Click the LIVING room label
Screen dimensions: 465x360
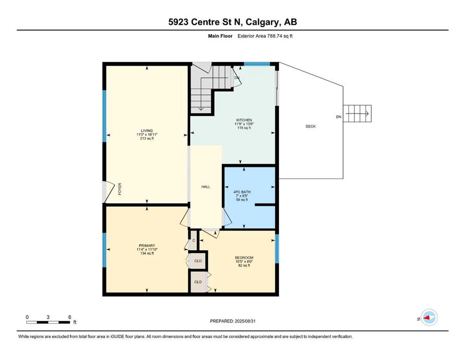[147, 131]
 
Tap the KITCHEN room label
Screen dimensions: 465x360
[244, 120]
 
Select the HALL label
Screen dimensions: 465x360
[206, 187]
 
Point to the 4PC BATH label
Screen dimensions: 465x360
[242, 192]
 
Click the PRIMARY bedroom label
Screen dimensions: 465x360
[147, 246]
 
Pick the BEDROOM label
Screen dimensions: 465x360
[244, 258]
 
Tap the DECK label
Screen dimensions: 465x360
[310, 127]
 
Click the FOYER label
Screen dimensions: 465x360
[120, 189]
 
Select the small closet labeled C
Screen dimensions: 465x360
[193, 240]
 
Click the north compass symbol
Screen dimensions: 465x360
[429, 317]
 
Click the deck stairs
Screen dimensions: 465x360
[357, 113]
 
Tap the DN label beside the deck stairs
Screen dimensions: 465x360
[339, 117]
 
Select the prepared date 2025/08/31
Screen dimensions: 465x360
[245, 321]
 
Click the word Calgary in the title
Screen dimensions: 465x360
[262, 22]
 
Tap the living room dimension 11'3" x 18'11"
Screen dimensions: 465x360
[147, 135]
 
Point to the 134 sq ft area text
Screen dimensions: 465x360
[147, 253]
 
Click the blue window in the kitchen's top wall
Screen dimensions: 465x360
[257, 64]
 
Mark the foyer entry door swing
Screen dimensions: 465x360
[109, 192]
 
